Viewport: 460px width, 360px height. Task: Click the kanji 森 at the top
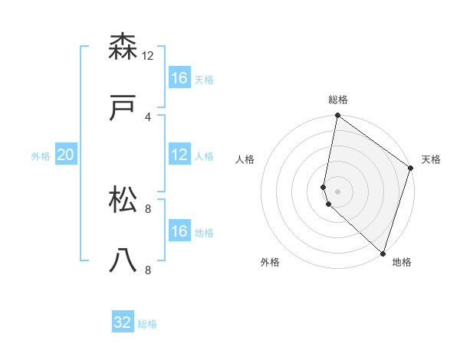(123, 47)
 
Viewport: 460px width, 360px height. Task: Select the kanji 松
(123, 199)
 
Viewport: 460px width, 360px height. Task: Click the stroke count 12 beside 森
(148, 55)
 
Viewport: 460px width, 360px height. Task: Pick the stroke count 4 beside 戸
(148, 116)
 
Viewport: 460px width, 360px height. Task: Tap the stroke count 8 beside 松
(148, 208)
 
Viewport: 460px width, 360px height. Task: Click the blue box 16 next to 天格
(179, 77)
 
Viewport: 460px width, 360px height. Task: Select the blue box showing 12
(179, 155)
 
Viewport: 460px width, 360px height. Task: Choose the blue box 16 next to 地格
(179, 231)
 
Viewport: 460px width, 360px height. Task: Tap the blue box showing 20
(66, 155)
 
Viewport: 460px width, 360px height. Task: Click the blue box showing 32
(123, 322)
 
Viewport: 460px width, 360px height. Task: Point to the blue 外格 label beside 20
(41, 155)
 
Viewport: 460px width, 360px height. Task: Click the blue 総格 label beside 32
(147, 324)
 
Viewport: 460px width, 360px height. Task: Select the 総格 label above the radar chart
(338, 100)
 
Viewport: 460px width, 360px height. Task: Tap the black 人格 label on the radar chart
(245, 159)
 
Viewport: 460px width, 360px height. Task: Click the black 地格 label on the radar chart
(402, 262)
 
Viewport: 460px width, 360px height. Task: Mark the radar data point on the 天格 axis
(411, 169)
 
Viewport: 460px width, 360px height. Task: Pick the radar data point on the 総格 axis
(338, 116)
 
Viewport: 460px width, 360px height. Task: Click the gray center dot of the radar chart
(338, 191)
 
